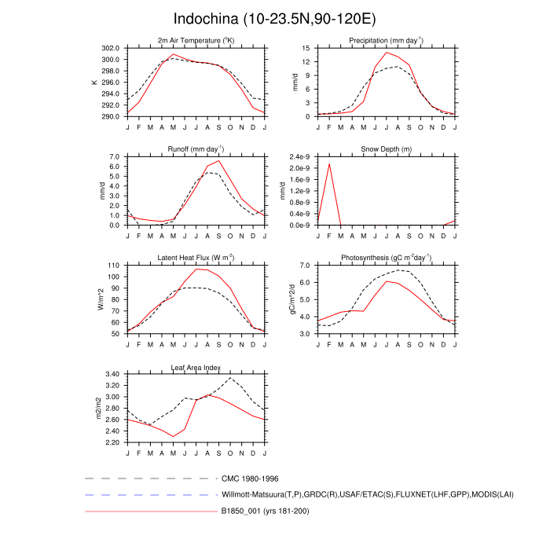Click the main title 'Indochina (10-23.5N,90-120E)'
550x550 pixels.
pyautogui.click(x=275, y=18)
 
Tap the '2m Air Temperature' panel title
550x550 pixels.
pyautogui.click(x=196, y=40)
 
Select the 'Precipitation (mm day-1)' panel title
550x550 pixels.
pyautogui.click(x=386, y=40)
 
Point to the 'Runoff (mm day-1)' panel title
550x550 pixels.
pyautogui.click(x=196, y=148)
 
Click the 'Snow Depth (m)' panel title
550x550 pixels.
pyautogui.click(x=386, y=148)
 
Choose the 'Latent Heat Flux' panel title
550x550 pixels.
pyautogui.click(x=196, y=258)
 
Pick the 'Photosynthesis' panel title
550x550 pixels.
pyautogui.click(x=386, y=258)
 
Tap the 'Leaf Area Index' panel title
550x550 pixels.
pyautogui.click(x=196, y=367)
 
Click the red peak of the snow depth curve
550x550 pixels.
pyautogui.click(x=329, y=163)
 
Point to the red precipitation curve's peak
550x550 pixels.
pyautogui.click(x=387, y=53)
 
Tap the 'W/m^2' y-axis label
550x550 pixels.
pyautogui.click(x=101, y=299)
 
